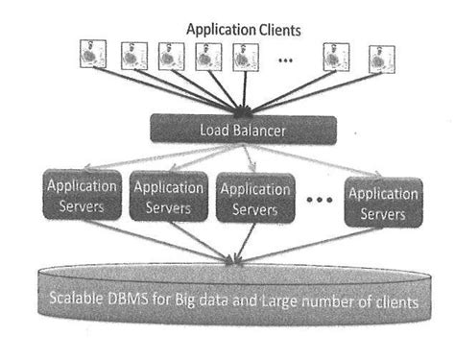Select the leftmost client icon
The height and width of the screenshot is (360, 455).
pos(90,57)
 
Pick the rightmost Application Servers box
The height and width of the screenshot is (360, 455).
pos(382,200)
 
